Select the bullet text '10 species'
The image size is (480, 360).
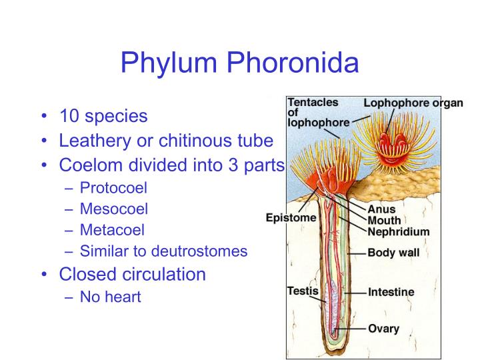click(x=103, y=116)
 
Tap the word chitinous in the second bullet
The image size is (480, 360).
click(x=189, y=141)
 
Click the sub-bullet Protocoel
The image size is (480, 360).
click(x=113, y=188)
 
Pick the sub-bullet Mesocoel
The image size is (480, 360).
click(x=114, y=209)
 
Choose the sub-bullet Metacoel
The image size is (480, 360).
click(x=112, y=230)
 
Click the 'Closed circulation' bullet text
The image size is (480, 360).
click(x=133, y=274)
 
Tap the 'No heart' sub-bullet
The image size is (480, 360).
click(x=111, y=297)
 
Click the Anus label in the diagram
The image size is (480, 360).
click(x=381, y=209)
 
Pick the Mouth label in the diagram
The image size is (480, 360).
click(x=385, y=220)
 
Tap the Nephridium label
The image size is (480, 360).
click(x=399, y=231)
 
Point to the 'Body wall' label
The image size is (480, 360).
click(x=395, y=254)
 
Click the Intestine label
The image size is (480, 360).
click(x=391, y=292)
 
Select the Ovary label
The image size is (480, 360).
click(x=383, y=328)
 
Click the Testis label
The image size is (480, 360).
click(x=303, y=291)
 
